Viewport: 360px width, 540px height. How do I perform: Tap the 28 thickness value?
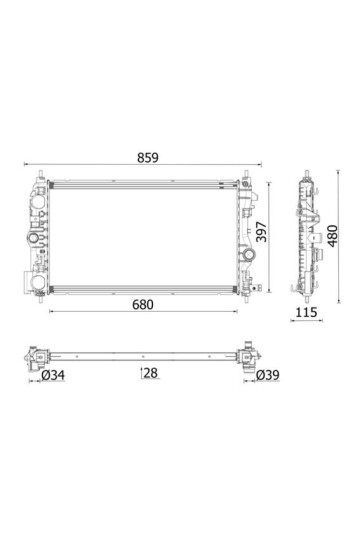coord(149,374)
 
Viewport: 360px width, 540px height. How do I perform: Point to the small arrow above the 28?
coord(142,369)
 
